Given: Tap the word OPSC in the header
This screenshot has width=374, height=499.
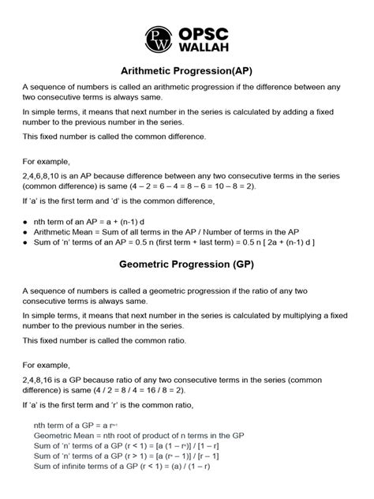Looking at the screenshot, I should [x=204, y=29].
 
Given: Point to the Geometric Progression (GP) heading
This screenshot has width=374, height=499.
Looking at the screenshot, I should [x=187, y=266].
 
